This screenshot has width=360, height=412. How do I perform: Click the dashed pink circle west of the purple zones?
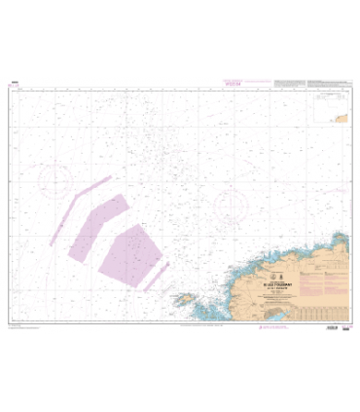click(x=54, y=178)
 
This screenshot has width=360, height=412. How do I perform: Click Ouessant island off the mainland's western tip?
click(x=183, y=301)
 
